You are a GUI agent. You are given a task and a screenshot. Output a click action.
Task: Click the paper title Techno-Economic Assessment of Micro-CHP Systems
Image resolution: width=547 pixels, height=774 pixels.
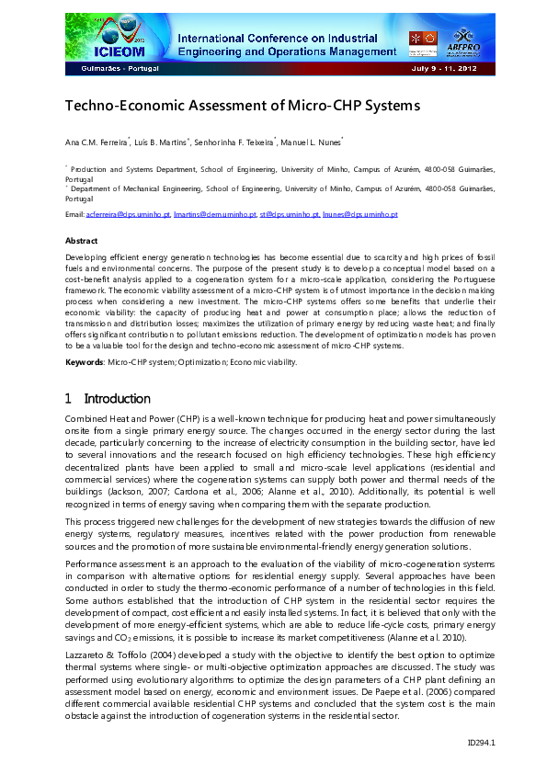[242, 106]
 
